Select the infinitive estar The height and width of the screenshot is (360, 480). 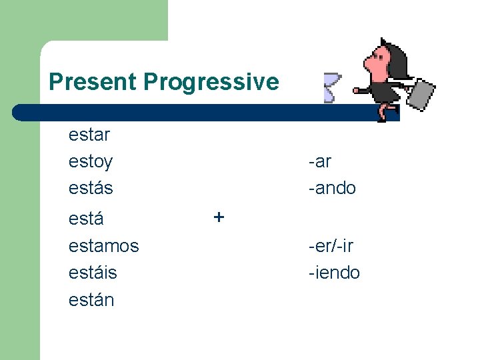(x=89, y=135)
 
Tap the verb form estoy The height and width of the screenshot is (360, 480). (x=91, y=162)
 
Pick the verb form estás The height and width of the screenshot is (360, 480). (x=91, y=188)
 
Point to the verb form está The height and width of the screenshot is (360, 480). (x=86, y=219)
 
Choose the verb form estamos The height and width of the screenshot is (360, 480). (x=103, y=246)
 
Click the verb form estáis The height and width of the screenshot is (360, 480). (x=93, y=273)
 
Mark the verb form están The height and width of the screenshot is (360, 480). (x=91, y=300)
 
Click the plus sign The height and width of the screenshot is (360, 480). (x=219, y=217)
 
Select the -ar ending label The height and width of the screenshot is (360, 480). (x=319, y=161)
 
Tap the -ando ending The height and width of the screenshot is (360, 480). (x=332, y=188)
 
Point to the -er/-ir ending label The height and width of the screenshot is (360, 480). (x=331, y=246)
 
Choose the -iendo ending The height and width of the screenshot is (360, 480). (x=333, y=273)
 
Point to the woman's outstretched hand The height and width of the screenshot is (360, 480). (x=357, y=89)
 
